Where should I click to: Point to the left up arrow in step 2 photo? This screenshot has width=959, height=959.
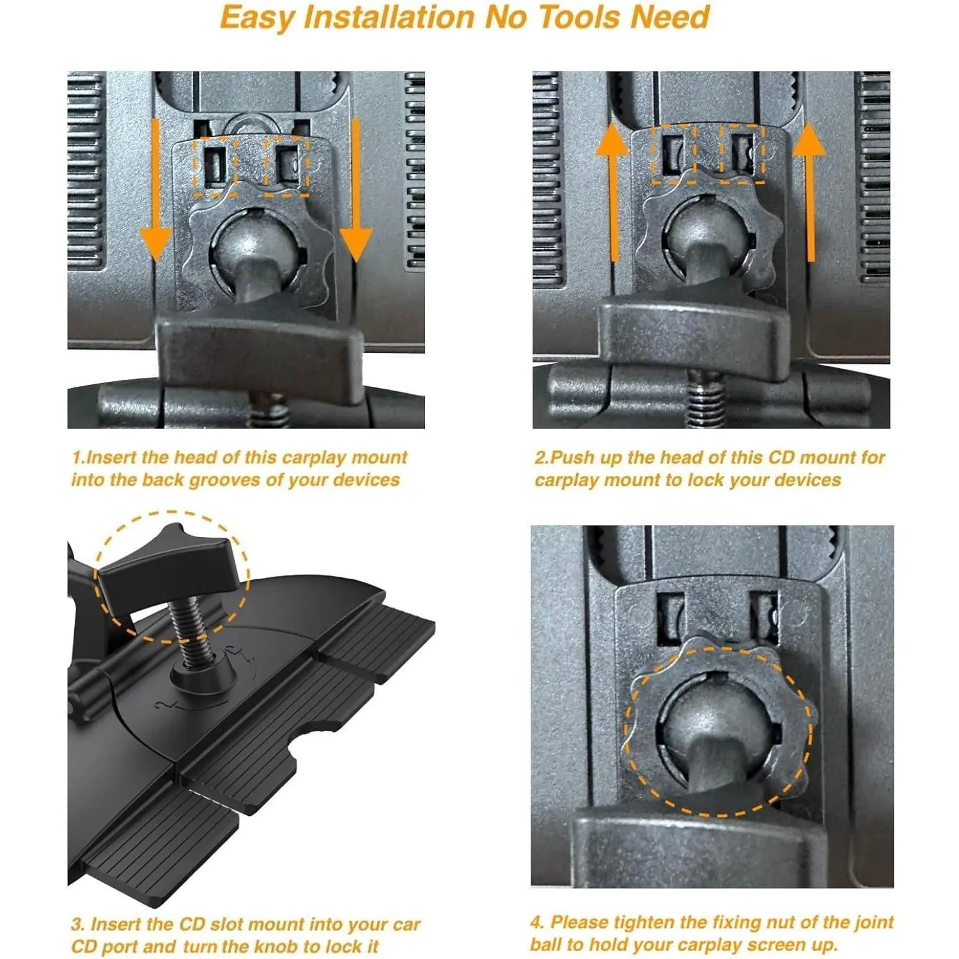tap(612, 192)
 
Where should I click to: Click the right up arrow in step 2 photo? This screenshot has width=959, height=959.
tap(810, 192)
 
